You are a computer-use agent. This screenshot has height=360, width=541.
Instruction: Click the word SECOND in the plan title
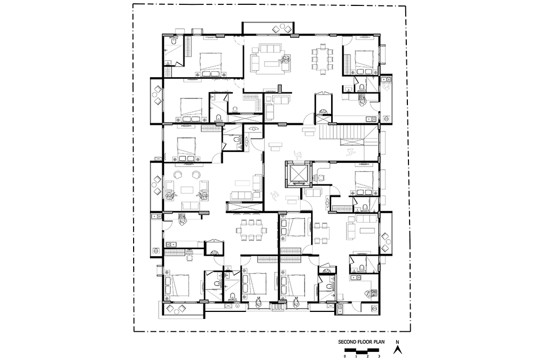click(346, 342)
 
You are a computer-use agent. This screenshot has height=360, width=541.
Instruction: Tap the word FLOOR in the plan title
click(362, 342)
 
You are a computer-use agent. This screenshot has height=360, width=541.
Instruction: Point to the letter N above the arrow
click(398, 342)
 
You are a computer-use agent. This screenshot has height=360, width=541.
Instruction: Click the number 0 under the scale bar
click(345, 356)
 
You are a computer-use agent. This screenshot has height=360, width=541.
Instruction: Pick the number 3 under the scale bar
click(379, 356)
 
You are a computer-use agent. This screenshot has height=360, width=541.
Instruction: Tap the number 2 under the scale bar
click(367, 356)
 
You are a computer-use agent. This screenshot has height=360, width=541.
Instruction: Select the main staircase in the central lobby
click(348, 136)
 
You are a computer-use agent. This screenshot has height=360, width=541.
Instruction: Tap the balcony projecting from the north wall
click(268, 28)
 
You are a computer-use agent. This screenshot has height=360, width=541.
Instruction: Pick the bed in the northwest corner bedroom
click(210, 64)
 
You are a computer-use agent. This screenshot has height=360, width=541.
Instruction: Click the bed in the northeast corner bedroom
click(364, 62)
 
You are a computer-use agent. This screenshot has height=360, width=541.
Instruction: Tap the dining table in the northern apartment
click(323, 59)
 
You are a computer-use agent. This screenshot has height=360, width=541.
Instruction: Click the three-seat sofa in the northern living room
click(270, 48)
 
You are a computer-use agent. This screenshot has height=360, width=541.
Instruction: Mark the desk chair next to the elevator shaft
click(321, 178)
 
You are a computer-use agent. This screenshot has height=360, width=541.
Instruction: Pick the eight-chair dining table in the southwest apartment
click(252, 229)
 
